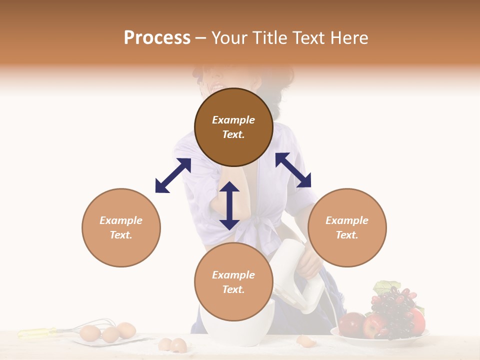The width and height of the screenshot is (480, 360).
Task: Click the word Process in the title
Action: (x=157, y=37)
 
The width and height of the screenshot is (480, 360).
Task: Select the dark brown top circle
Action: (x=233, y=127)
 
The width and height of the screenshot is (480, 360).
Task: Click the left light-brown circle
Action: (x=121, y=227)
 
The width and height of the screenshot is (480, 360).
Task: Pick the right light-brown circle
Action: (x=347, y=227)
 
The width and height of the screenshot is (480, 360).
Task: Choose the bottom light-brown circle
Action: (x=233, y=281)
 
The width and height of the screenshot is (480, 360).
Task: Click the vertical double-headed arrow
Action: (x=229, y=205)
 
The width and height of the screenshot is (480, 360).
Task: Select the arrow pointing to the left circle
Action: (x=173, y=175)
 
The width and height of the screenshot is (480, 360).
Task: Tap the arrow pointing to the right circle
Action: (x=293, y=170)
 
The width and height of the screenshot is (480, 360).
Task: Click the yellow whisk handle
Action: (x=37, y=332)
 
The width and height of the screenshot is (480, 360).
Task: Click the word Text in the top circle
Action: (x=233, y=134)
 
